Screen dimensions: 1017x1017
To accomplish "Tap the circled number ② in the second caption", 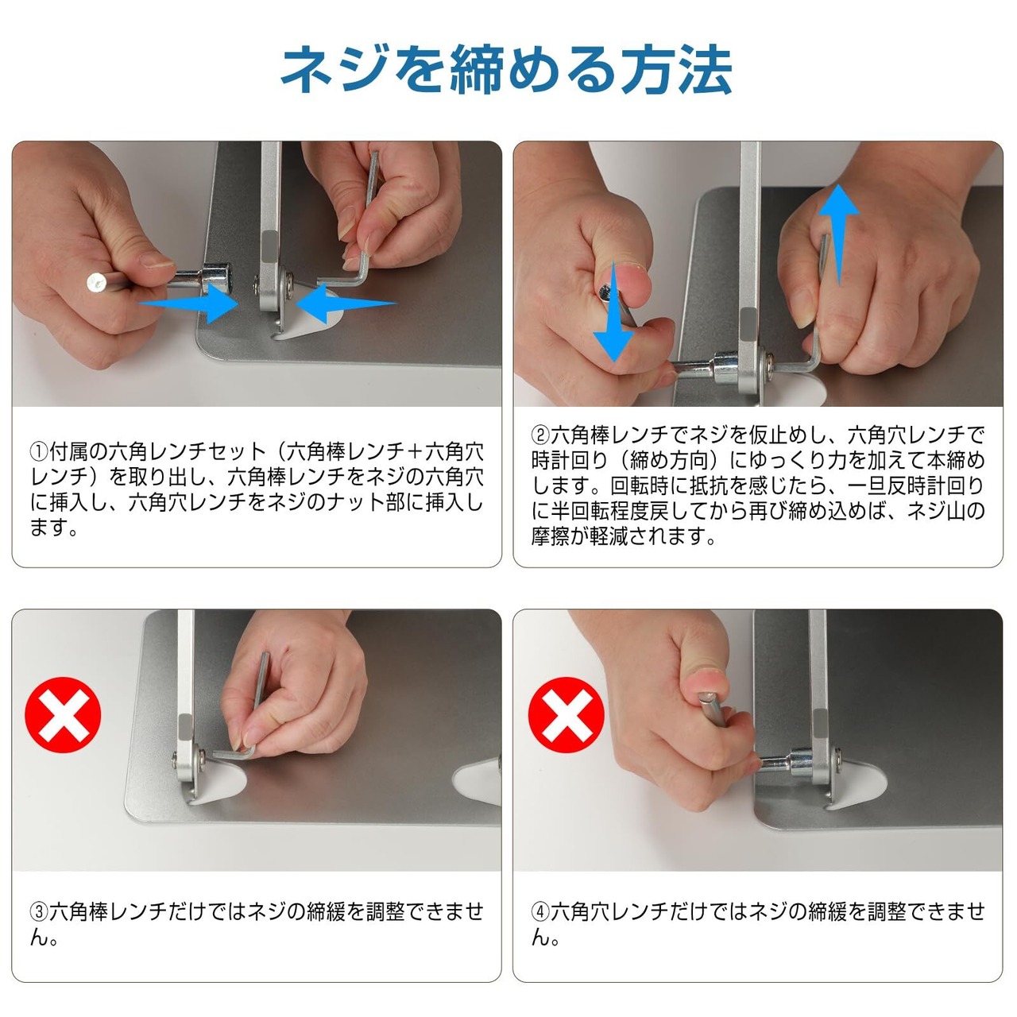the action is tap(541, 436).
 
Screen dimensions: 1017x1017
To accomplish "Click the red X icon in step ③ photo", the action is tap(63, 714).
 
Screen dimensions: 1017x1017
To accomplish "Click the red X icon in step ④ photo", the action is tap(567, 714).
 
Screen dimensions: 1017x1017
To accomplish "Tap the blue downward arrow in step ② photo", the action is tap(613, 311).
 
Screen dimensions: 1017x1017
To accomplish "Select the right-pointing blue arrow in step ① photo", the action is tap(188, 303).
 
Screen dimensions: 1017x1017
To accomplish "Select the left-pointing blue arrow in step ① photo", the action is tap(346, 304).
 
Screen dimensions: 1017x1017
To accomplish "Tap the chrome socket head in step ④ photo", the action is tap(801, 763).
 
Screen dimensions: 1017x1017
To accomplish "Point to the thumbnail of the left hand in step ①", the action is tap(157, 260).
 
